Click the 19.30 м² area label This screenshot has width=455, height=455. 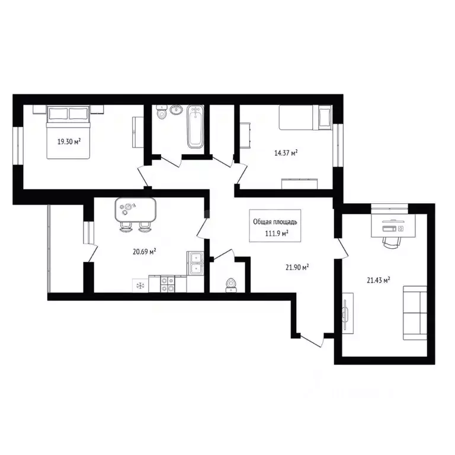pyautogui.click(x=69, y=142)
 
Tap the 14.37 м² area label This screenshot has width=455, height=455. pyautogui.click(x=286, y=153)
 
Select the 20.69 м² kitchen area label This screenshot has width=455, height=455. pyautogui.click(x=144, y=252)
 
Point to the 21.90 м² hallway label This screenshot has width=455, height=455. pyautogui.click(x=297, y=267)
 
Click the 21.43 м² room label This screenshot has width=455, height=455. pyautogui.click(x=378, y=280)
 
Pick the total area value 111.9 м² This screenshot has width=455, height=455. pyautogui.click(x=277, y=233)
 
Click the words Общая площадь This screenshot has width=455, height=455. pyautogui.click(x=275, y=222)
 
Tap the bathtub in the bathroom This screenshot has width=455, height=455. pyautogui.click(x=196, y=127)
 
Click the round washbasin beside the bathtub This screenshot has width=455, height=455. pyautogui.click(x=176, y=110)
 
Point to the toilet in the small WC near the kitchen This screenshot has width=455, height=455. pyautogui.click(x=231, y=285)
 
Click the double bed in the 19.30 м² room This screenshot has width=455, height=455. pyautogui.click(x=69, y=132)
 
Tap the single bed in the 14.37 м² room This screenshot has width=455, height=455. pyautogui.click(x=305, y=117)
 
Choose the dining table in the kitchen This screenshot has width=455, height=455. pyautogui.click(x=136, y=210)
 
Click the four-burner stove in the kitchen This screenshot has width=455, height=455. pyautogui.click(x=168, y=284)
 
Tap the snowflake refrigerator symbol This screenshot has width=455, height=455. pyautogui.click(x=140, y=286)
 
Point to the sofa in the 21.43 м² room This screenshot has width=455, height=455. pyautogui.click(x=415, y=313)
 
